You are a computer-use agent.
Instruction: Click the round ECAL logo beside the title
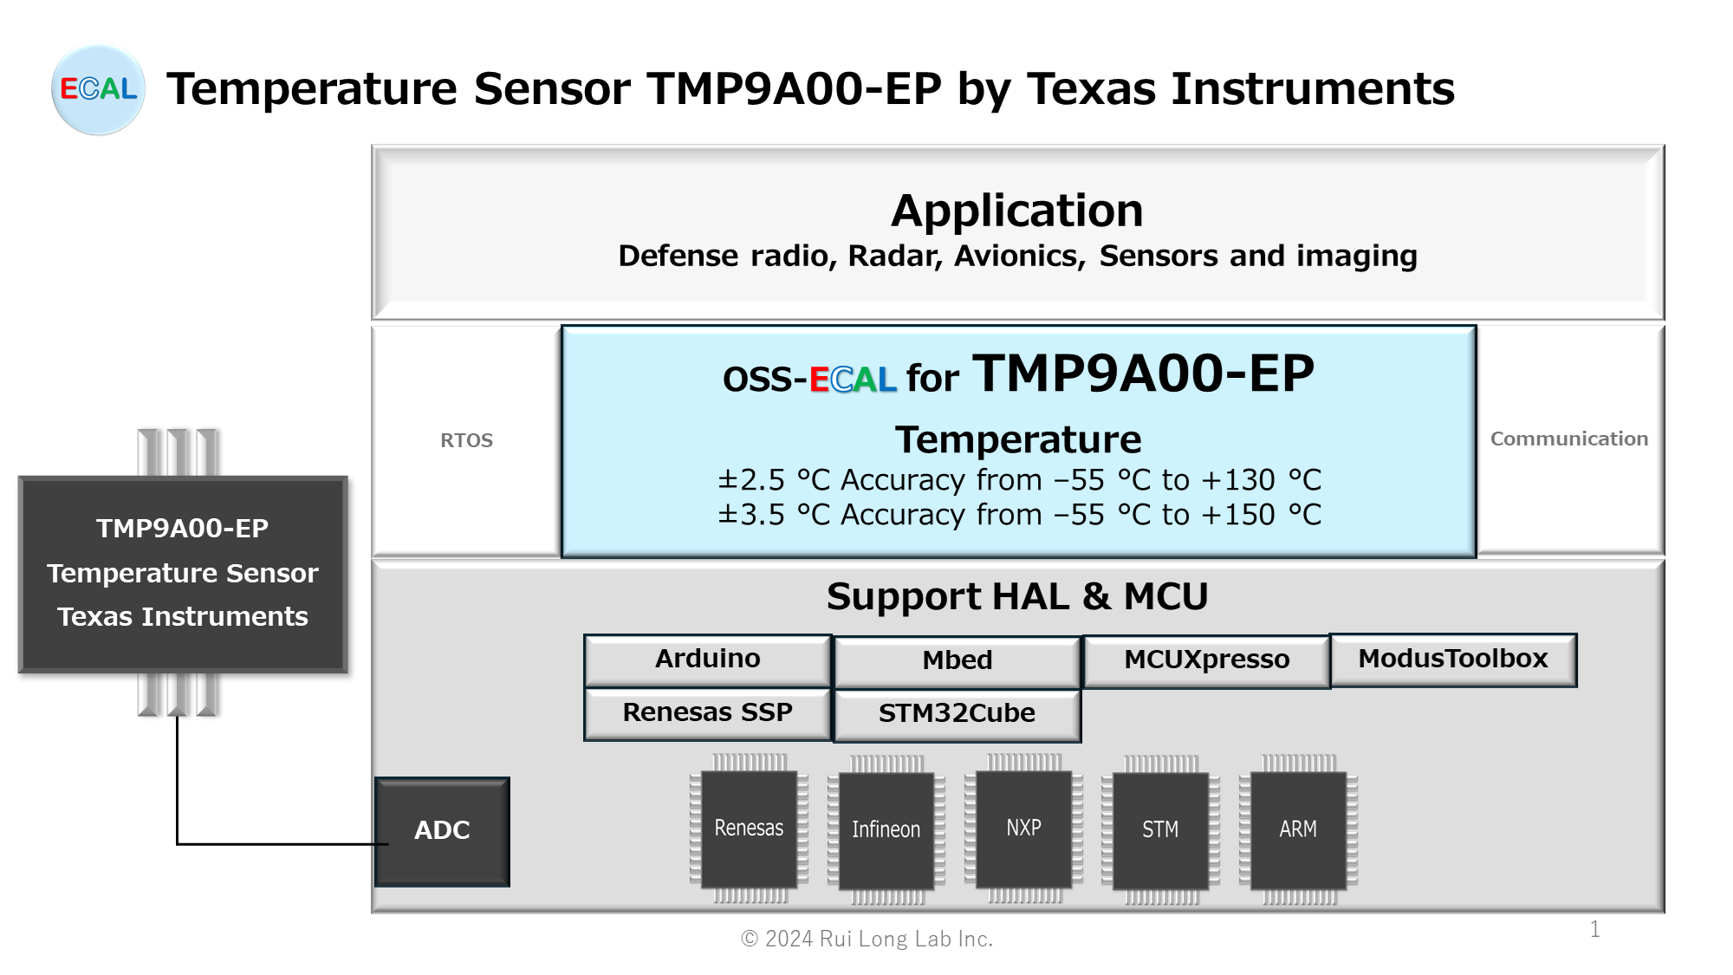point(98,89)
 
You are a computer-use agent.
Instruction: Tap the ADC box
point(442,831)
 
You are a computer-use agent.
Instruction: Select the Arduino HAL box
point(707,660)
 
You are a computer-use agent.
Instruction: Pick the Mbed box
point(957,661)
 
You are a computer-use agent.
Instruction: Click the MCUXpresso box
point(1206,660)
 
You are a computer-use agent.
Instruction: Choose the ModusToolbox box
point(1453,660)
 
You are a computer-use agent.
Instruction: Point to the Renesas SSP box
point(707,713)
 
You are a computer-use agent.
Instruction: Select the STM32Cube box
point(957,715)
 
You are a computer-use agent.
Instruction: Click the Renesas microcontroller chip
point(749,829)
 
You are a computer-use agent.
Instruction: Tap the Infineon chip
point(886,830)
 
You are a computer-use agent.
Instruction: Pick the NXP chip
point(1023,829)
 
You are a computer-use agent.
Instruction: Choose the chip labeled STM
point(1160,830)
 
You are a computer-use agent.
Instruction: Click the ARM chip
point(1298,830)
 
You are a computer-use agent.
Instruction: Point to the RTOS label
point(466,440)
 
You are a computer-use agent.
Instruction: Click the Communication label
point(1569,439)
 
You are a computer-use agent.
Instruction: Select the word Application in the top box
point(1017,211)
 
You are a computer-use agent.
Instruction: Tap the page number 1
point(1594,929)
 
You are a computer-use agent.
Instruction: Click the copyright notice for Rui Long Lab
point(866,939)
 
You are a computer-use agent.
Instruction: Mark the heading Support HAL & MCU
point(1017,596)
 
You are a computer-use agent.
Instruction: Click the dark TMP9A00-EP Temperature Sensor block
point(183,574)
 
